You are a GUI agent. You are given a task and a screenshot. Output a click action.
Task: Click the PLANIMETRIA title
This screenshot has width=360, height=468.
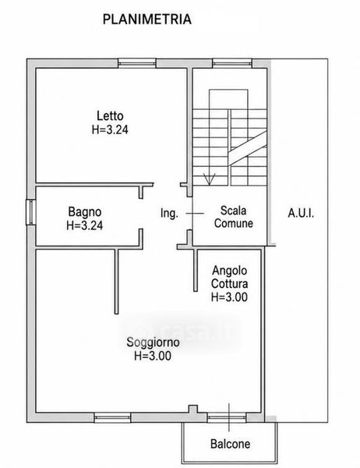click(x=146, y=19)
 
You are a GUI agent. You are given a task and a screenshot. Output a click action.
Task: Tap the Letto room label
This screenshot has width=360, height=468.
click(x=110, y=115)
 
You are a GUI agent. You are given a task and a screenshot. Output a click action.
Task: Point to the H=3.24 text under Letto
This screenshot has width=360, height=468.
click(x=110, y=129)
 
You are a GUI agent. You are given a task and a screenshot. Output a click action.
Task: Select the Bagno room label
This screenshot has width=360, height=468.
click(x=85, y=211)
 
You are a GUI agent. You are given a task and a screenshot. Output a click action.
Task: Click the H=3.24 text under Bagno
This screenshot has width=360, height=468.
click(x=85, y=225)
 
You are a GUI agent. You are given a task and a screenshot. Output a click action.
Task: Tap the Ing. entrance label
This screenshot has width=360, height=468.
click(x=169, y=214)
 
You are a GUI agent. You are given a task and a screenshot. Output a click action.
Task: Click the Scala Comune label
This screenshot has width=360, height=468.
click(x=234, y=217)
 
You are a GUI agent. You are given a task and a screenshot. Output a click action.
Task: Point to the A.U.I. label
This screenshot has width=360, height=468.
click(x=301, y=214)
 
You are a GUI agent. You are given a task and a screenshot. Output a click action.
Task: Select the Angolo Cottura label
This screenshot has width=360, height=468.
click(x=230, y=277)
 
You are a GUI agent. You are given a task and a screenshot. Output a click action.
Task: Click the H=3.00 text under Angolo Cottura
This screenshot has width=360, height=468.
click(x=229, y=297)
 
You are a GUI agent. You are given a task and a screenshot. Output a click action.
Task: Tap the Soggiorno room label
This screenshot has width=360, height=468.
click(x=153, y=342)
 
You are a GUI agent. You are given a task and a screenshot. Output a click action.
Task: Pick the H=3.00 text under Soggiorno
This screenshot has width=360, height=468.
click(x=153, y=356)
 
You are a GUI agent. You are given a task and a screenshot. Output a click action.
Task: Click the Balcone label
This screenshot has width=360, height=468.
click(x=230, y=444)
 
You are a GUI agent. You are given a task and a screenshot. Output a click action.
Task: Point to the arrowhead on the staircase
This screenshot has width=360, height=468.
click(x=210, y=179)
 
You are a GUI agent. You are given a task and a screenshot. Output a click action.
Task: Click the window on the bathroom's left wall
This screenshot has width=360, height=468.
click(x=30, y=212)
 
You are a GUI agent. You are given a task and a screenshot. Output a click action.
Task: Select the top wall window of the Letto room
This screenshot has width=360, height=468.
click(x=137, y=63)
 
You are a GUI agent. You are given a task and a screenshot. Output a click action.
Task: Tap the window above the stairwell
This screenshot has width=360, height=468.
click(x=232, y=63)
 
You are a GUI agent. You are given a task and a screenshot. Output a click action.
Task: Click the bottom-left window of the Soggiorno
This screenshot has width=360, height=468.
click(x=112, y=417)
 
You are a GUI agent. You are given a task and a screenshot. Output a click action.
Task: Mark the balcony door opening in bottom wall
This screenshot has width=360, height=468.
click(x=227, y=417)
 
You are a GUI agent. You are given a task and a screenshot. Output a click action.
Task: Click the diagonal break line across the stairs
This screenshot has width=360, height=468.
click(x=248, y=148)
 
